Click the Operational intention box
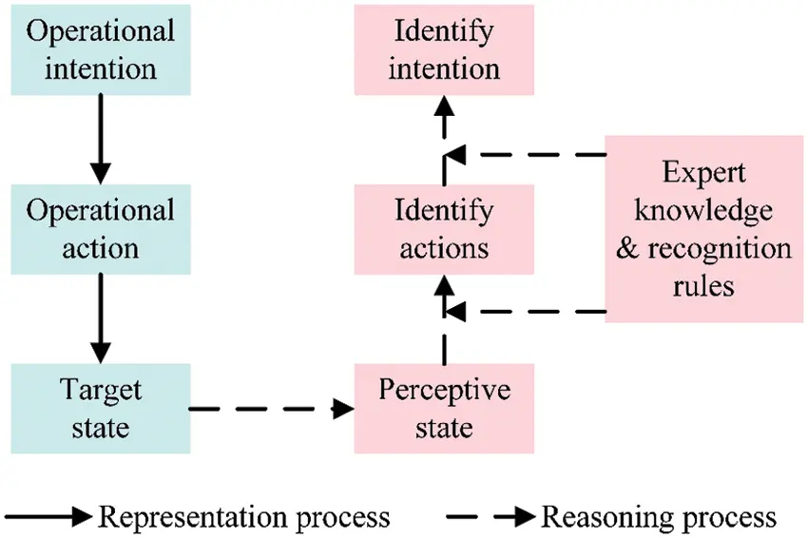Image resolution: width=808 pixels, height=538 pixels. tap(101, 49)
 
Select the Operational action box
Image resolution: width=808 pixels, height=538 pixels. tap(101, 229)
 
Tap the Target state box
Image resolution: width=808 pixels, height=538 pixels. tap(101, 408)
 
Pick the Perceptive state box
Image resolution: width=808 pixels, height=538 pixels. tap(444, 408)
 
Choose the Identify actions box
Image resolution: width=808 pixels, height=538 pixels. tap(444, 229)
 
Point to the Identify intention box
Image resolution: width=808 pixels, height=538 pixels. tap(444, 49)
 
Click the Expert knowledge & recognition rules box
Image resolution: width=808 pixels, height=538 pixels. tap(704, 229)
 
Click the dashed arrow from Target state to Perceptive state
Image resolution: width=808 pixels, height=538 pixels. tap(272, 409)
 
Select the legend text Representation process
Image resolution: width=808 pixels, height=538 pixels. tap(244, 517)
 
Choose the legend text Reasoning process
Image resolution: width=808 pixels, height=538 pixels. tap(659, 517)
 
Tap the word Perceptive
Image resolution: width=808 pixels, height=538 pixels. tap(444, 391)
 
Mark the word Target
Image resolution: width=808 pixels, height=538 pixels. tap(101, 391)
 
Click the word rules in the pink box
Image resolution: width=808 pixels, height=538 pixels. tap(704, 283)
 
